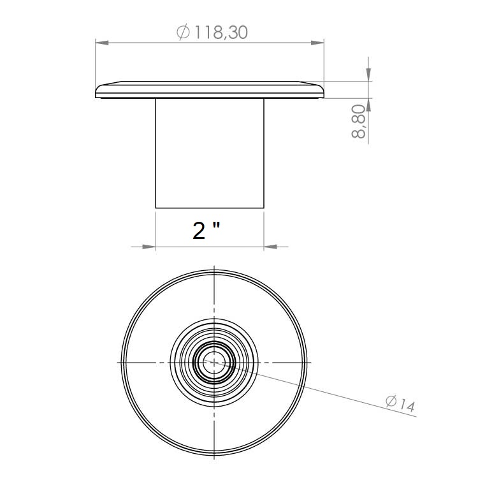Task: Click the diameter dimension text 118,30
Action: [221, 33]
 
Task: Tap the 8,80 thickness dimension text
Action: [358, 121]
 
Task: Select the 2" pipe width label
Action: [206, 231]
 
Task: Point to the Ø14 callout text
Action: [400, 403]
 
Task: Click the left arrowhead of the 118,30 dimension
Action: [102, 43]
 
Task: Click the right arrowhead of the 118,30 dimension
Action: [317, 43]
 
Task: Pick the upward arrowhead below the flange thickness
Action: [368, 105]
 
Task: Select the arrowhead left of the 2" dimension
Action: [149, 246]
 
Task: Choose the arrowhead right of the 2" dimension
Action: [270, 246]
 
